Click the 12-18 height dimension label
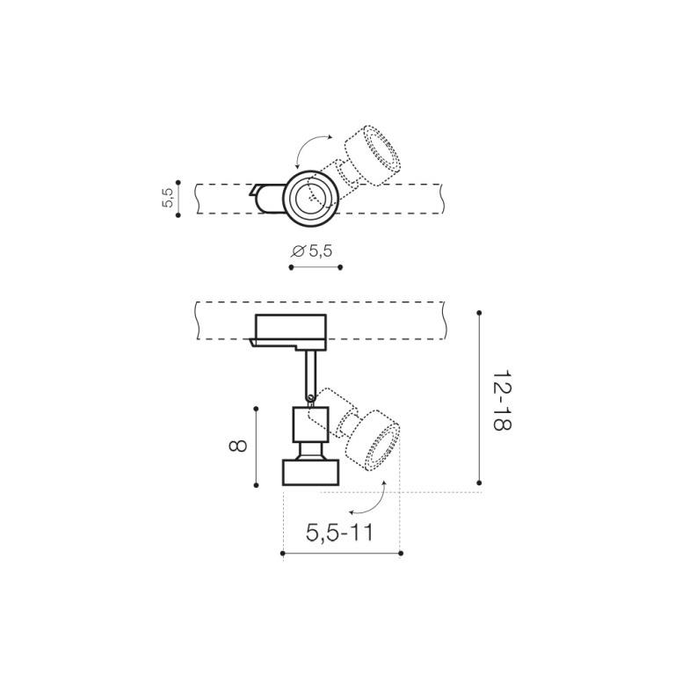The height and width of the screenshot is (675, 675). tap(502, 400)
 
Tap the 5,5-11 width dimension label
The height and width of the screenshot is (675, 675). tap(339, 533)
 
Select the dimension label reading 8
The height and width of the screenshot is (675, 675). tap(237, 446)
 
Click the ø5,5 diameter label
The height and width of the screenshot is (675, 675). tap(312, 251)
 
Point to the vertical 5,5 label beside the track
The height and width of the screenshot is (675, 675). tap(168, 198)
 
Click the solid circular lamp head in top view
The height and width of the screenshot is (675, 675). tap(311, 198)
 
